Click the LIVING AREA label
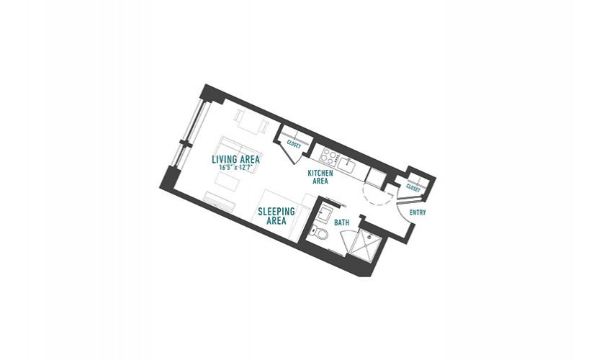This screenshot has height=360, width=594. (235, 159)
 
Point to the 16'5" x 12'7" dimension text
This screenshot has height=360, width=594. (235, 167)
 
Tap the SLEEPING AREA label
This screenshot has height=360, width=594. (276, 216)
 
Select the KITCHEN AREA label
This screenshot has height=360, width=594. (320, 177)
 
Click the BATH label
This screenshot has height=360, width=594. (342, 222)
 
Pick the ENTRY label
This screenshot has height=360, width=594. (418, 212)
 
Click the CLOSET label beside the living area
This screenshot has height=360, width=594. (294, 145)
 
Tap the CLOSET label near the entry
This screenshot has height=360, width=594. (413, 188)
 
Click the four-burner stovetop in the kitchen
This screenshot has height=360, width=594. (329, 158)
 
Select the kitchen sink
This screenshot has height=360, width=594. (346, 165)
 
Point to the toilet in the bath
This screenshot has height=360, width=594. (320, 233)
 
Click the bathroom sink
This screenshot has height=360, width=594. (325, 213)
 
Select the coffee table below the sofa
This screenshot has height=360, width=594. (228, 181)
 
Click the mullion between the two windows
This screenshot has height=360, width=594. (184, 143)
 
